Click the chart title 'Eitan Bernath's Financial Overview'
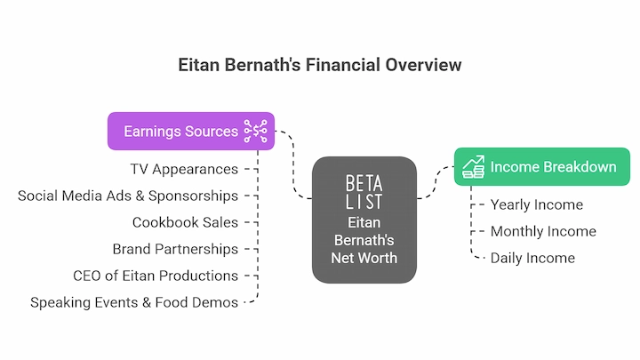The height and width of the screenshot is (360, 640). [320, 65]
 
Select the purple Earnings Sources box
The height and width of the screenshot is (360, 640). [191, 131]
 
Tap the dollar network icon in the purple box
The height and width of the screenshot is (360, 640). [255, 131]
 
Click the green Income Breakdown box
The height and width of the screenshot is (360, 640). [542, 166]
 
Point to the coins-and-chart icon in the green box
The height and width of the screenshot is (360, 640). [474, 166]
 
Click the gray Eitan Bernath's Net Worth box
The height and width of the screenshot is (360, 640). [364, 220]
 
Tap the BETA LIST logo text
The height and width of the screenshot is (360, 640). [364, 192]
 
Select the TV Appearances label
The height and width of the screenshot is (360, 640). [184, 169]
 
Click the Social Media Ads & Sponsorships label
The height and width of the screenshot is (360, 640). [128, 196]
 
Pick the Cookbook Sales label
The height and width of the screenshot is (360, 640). [185, 222]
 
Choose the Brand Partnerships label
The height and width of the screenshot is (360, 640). [175, 249]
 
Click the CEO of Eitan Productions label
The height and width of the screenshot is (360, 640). [156, 276]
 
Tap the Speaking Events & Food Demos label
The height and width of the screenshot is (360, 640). [134, 302]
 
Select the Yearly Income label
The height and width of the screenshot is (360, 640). [537, 204]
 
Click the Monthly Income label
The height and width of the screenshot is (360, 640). [543, 231]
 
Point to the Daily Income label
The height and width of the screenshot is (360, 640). [532, 258]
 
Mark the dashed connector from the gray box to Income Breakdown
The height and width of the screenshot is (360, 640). [436, 182]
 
